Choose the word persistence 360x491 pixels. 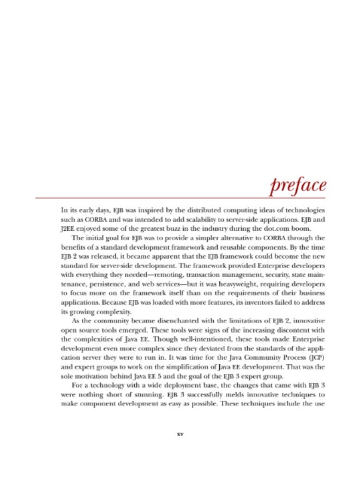tap(104, 284)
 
